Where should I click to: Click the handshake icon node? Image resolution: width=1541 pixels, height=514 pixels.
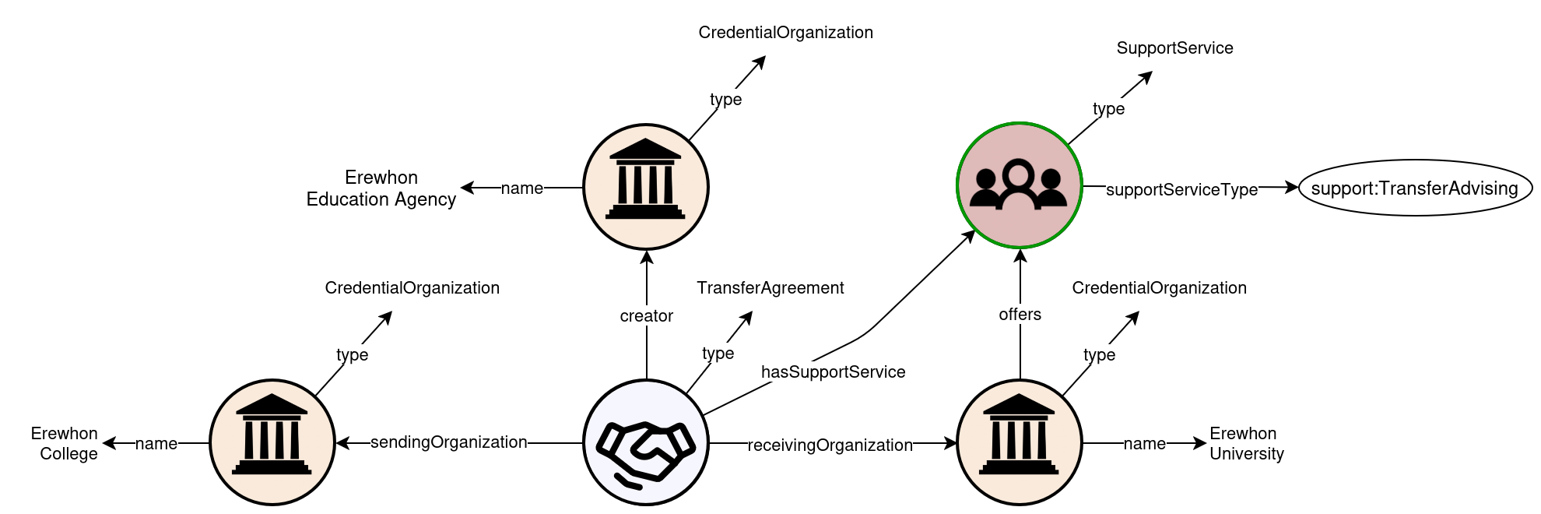(646, 442)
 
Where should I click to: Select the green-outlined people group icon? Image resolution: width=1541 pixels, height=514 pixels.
(1019, 185)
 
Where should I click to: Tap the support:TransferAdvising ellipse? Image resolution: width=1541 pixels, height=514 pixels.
(1414, 188)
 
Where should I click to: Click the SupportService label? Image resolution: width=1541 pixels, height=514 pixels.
(1174, 48)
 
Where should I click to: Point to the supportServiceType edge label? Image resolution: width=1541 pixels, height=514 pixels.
(1181, 189)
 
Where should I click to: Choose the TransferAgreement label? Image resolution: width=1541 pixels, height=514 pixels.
(770, 288)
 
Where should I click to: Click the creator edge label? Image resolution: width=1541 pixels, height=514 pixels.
(646, 315)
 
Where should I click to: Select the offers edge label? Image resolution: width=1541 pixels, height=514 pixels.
(1020, 315)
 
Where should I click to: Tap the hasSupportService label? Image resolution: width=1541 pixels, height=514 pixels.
(833, 372)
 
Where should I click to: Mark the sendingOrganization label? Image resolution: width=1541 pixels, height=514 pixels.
(448, 442)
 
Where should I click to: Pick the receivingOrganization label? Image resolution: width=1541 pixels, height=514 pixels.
(830, 445)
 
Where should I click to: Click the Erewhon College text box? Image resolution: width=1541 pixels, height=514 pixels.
(54, 443)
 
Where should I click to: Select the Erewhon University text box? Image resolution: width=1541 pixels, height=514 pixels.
(1253, 443)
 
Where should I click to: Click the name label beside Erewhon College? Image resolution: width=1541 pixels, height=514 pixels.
(156, 444)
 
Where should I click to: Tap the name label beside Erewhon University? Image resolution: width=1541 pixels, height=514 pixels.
(1144, 444)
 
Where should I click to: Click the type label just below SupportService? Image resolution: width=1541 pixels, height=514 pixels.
(1108, 109)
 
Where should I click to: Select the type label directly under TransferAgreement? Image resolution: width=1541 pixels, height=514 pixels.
(718, 354)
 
